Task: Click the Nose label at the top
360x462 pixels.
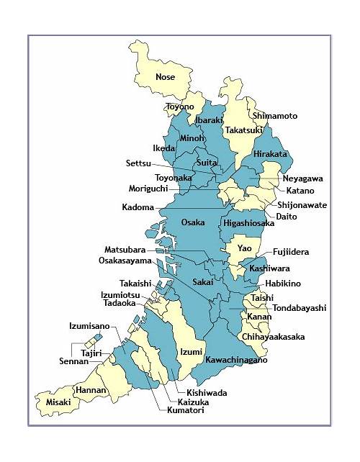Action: (165, 77)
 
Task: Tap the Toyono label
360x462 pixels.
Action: (180, 107)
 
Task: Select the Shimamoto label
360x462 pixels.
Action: (274, 116)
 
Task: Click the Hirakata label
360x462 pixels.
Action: (270, 154)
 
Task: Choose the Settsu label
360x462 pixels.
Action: (139, 163)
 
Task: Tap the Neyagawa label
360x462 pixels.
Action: (302, 178)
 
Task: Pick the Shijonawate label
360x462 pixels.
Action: (302, 205)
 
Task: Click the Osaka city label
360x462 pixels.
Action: (192, 222)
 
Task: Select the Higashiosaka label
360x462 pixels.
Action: (248, 224)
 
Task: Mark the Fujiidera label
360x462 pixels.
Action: (291, 253)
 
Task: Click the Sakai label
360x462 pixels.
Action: (203, 282)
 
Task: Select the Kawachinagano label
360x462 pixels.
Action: (236, 360)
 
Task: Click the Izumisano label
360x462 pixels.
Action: (89, 326)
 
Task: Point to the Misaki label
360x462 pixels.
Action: (58, 402)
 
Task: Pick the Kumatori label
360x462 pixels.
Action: (183, 411)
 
